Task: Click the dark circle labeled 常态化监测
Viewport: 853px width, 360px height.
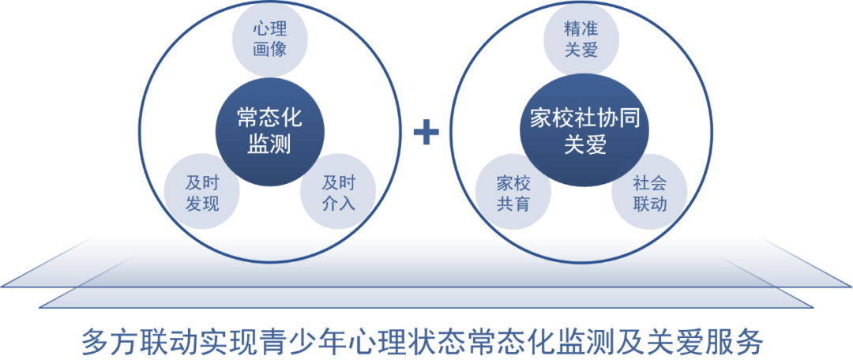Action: [270, 131]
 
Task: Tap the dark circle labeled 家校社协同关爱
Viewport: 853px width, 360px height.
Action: [584, 131]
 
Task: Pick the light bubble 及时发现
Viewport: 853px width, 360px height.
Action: [202, 193]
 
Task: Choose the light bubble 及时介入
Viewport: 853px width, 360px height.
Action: [338, 193]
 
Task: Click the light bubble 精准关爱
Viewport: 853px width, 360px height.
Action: [581, 39]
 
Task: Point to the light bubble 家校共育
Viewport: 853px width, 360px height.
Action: [513, 193]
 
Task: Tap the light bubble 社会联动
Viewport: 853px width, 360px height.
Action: [649, 193]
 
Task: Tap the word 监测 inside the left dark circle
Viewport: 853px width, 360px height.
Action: [269, 144]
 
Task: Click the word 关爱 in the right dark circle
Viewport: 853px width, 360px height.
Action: [584, 144]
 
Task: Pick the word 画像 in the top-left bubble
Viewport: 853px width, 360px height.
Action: [270, 49]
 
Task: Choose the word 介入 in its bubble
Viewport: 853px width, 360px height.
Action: [338, 204]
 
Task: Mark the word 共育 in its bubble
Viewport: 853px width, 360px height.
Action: [513, 204]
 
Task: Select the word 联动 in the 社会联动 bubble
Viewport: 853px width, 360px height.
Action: [649, 204]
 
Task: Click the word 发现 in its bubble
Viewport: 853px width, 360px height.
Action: [202, 204]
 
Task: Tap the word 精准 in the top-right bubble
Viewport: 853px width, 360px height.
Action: [581, 29]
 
